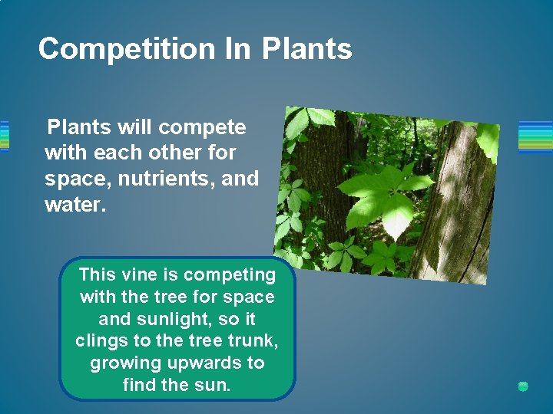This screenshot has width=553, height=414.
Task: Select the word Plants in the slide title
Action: [306, 49]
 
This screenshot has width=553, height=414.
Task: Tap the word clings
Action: [101, 341]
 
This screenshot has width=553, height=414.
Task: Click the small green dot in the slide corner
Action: [523, 386]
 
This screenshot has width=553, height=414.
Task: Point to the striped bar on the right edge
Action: [535, 137]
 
